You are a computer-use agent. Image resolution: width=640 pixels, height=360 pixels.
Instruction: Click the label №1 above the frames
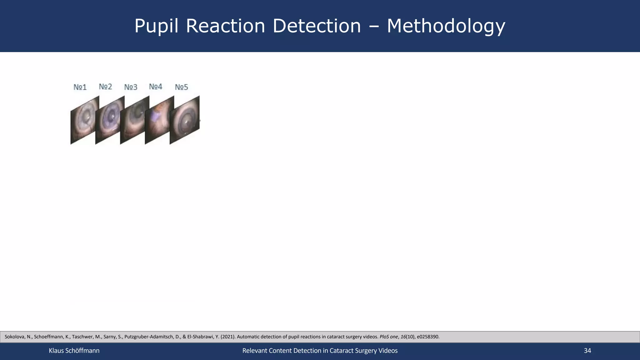pyautogui.click(x=80, y=87)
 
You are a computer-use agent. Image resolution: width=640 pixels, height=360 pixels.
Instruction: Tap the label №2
pyautogui.click(x=105, y=87)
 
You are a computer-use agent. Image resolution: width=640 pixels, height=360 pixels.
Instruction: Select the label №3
pyautogui.click(x=131, y=87)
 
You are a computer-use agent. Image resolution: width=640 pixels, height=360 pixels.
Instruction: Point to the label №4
pyautogui.click(x=156, y=87)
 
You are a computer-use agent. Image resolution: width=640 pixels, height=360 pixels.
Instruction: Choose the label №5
pyautogui.click(x=181, y=87)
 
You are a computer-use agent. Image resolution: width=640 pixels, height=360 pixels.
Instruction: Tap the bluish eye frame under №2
pyautogui.click(x=108, y=120)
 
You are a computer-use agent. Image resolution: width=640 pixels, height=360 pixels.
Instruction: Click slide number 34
pyautogui.click(x=587, y=351)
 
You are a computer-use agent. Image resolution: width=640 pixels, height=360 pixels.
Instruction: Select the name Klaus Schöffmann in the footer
pyautogui.click(x=74, y=351)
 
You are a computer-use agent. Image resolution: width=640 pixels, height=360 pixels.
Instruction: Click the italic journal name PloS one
pyautogui.click(x=388, y=337)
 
